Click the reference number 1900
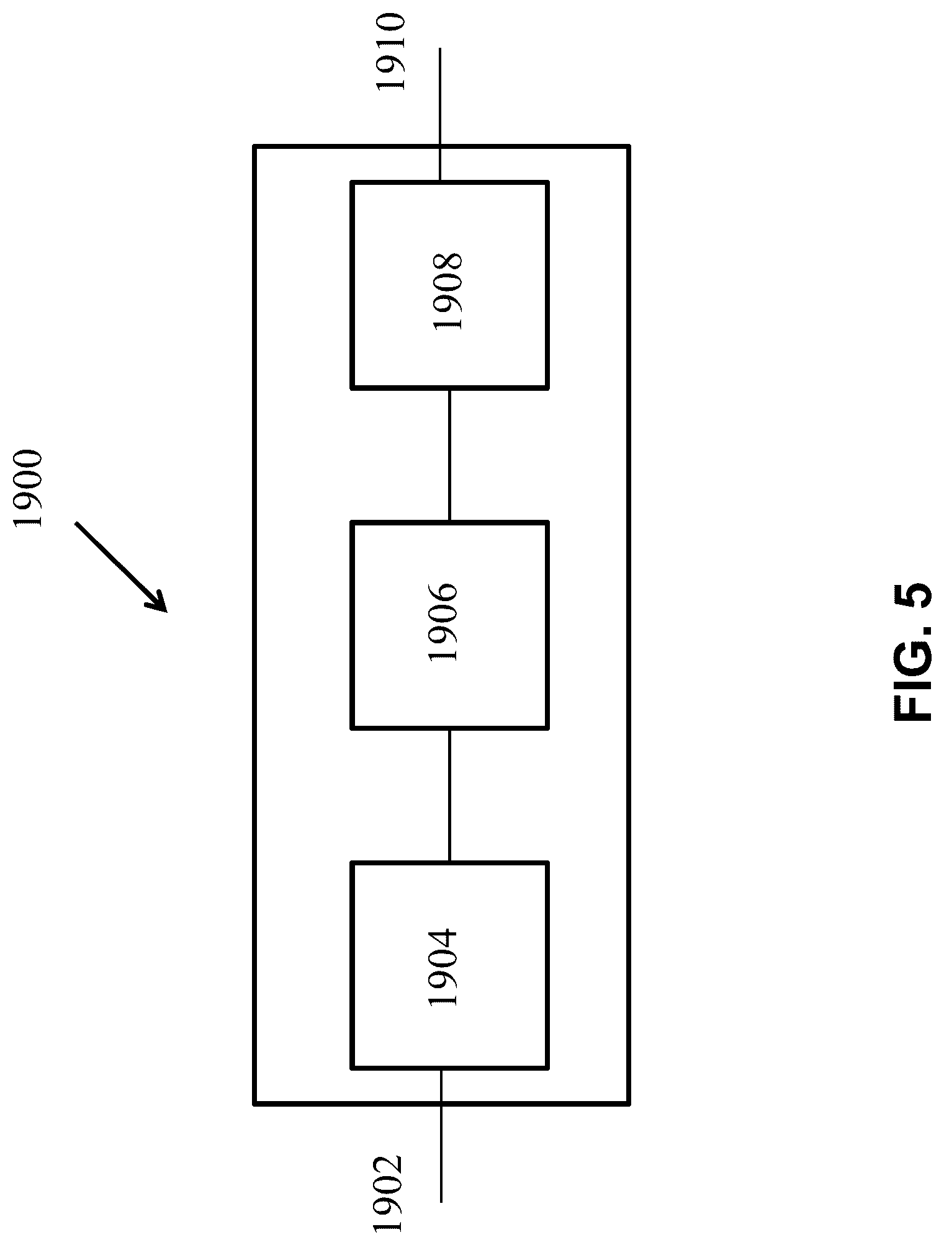click(29, 489)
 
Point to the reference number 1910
click(390, 53)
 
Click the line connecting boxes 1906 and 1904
click(449, 795)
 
